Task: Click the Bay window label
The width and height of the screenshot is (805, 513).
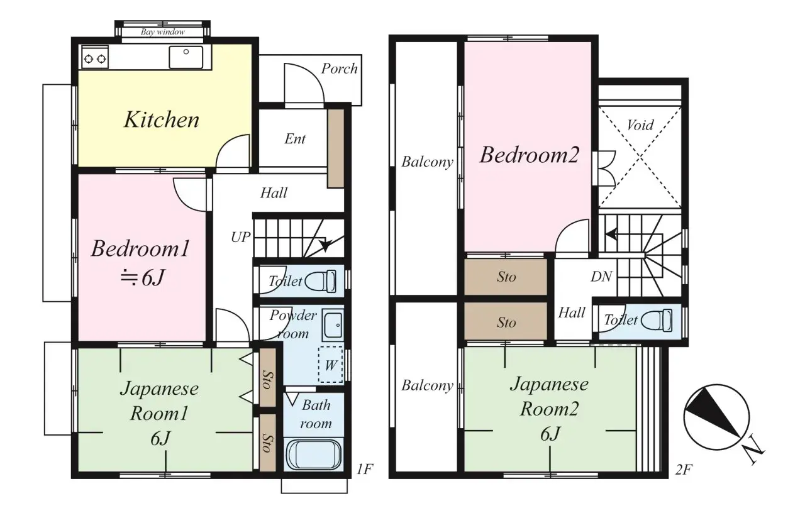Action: pyautogui.click(x=162, y=31)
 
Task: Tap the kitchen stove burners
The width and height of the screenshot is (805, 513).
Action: pyautogui.click(x=94, y=58)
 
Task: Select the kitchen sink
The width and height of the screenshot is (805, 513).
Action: pyautogui.click(x=186, y=57)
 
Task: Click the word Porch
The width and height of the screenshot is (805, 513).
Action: pyautogui.click(x=339, y=69)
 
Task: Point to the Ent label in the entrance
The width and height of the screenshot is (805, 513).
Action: pyautogui.click(x=295, y=139)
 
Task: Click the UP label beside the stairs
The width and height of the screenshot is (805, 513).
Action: pyautogui.click(x=240, y=237)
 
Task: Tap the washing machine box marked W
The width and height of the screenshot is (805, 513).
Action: pyautogui.click(x=330, y=364)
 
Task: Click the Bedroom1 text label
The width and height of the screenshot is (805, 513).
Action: pyautogui.click(x=140, y=249)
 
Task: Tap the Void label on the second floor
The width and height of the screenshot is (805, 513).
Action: pyautogui.click(x=640, y=125)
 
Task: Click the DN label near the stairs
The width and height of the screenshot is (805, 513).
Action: pyautogui.click(x=601, y=277)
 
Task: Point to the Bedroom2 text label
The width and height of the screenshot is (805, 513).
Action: pyautogui.click(x=528, y=155)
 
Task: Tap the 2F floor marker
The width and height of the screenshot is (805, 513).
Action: pyautogui.click(x=685, y=469)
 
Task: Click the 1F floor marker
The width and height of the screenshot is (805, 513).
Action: pyautogui.click(x=365, y=469)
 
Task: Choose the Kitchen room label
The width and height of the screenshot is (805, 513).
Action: pyautogui.click(x=161, y=119)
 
